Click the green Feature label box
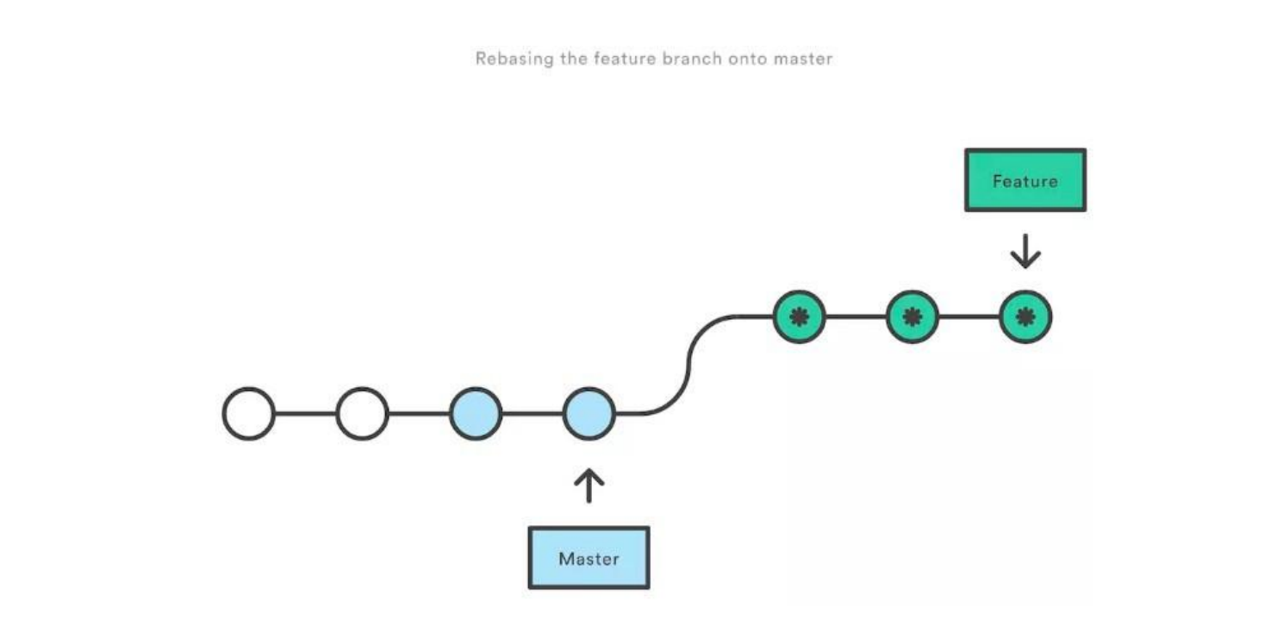tap(1025, 180)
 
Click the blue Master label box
tap(589, 558)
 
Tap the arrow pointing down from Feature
tap(1025, 253)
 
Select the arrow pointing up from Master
tap(589, 485)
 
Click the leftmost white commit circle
tap(249, 414)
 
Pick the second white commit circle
tap(362, 414)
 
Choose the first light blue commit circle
tap(475, 414)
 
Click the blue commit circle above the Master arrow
tap(589, 414)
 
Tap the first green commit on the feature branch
tap(799, 316)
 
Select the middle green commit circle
tap(912, 316)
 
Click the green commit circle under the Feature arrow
tap(1025, 316)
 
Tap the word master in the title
tap(807, 59)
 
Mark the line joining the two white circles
tap(305, 414)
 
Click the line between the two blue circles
tap(532, 414)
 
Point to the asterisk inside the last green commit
tap(1025, 316)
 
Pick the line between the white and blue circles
tap(419, 414)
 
